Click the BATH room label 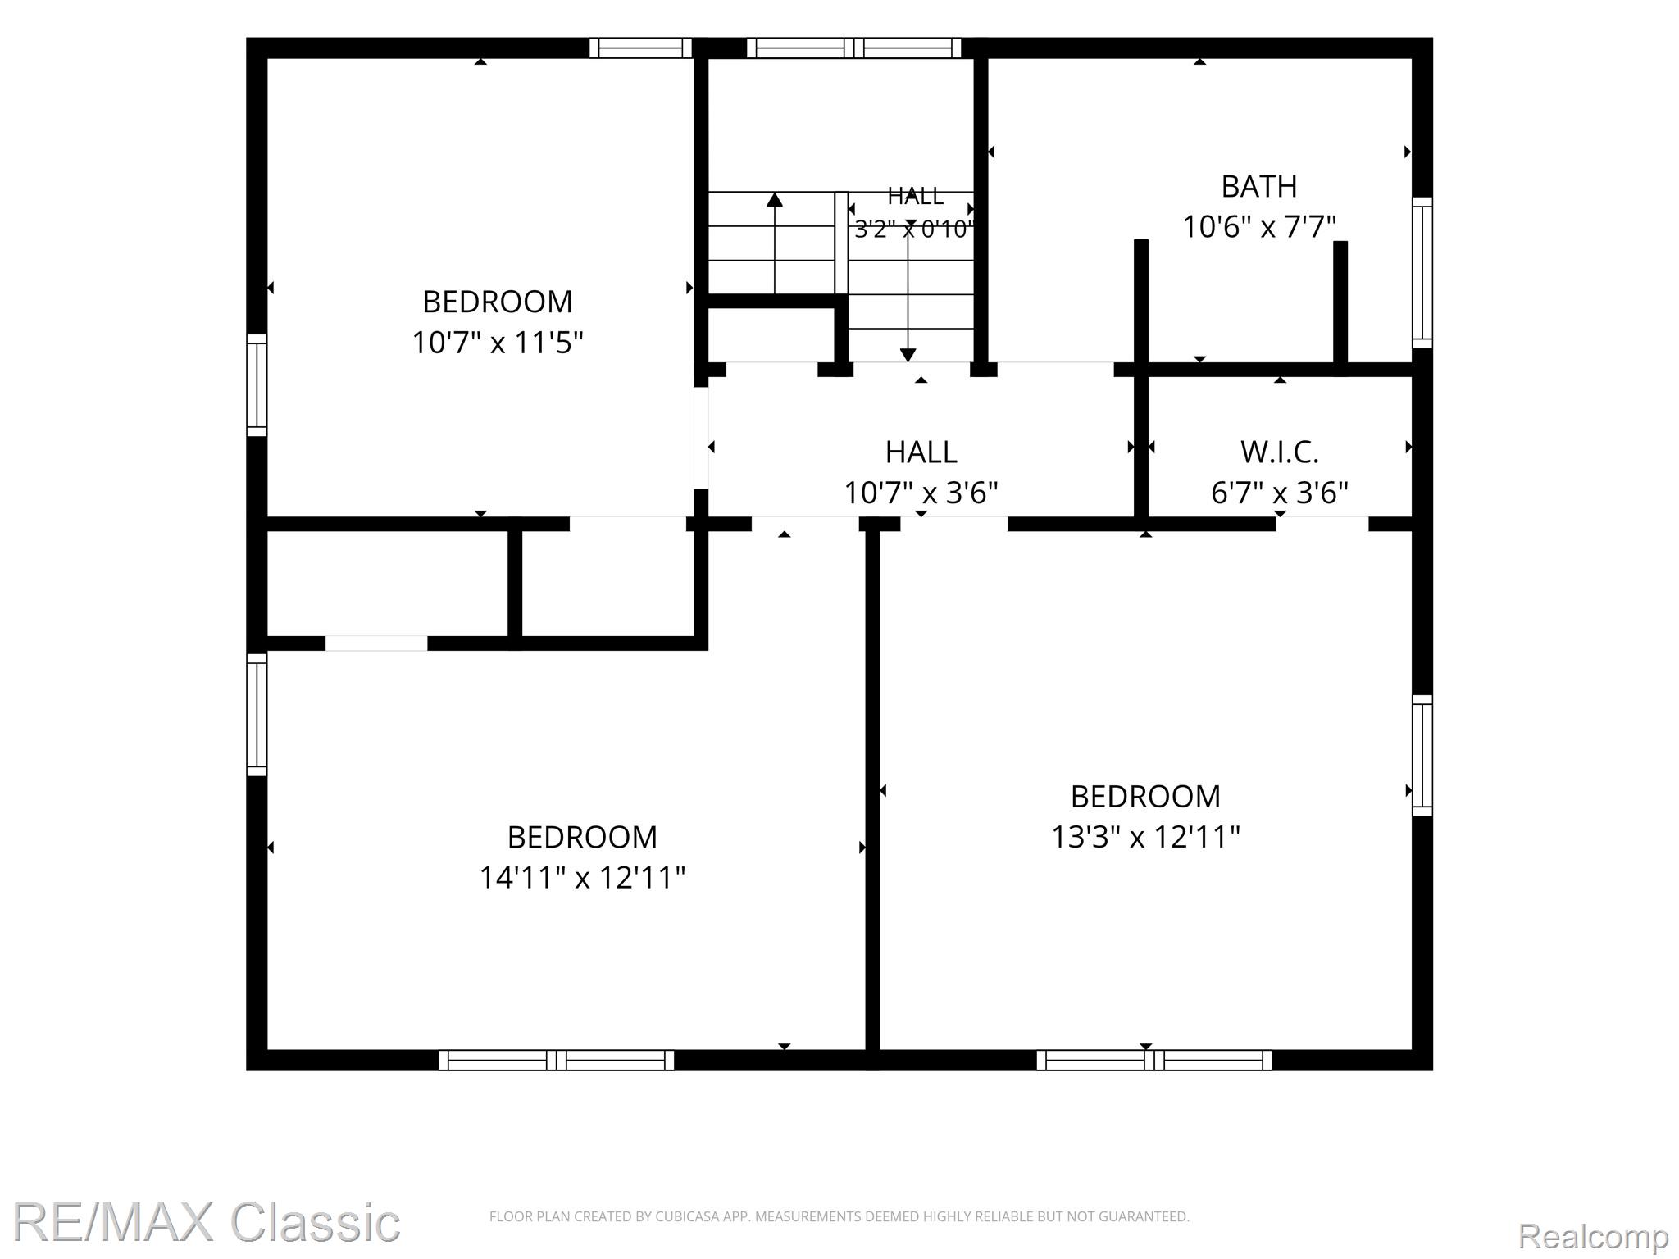pyautogui.click(x=1259, y=187)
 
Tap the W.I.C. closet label pyautogui.click(x=1280, y=452)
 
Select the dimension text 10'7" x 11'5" pyautogui.click(x=498, y=343)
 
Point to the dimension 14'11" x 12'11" pyautogui.click(x=582, y=878)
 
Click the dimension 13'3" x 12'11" pyautogui.click(x=1146, y=837)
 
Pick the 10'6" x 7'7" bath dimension pyautogui.click(x=1259, y=227)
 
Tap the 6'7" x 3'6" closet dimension pyautogui.click(x=1280, y=493)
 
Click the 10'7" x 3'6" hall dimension pyautogui.click(x=921, y=493)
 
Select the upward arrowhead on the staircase pyautogui.click(x=775, y=199)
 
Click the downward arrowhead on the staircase pyautogui.click(x=908, y=354)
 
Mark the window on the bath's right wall pyautogui.click(x=1422, y=272)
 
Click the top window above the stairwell pyautogui.click(x=853, y=48)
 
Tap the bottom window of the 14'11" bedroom pyautogui.click(x=557, y=1060)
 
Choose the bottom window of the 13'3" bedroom pyautogui.click(x=1154, y=1060)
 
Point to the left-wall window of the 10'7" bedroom pyautogui.click(x=257, y=385)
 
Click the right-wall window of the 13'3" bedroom pyautogui.click(x=1422, y=755)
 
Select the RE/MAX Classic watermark pyautogui.click(x=206, y=1222)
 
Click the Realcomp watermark pyautogui.click(x=1593, y=1235)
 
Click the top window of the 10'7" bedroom pyautogui.click(x=640, y=48)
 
